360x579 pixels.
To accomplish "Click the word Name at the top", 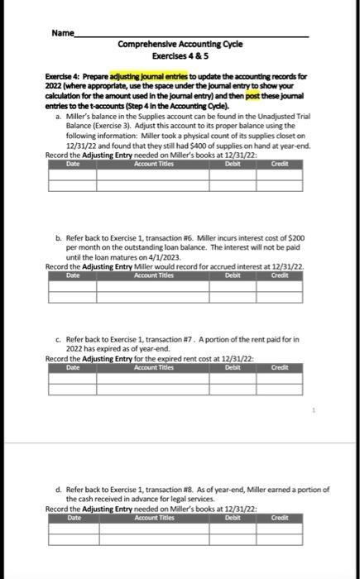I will (62, 33).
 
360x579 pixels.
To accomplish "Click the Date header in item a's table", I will (72, 164).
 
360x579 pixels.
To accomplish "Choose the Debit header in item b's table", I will (233, 275).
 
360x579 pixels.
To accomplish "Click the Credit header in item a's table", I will (280, 164).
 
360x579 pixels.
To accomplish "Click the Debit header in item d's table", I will (233, 518).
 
